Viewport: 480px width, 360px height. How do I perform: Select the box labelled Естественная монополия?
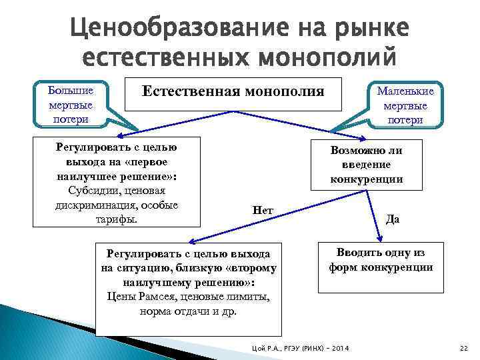[233, 93]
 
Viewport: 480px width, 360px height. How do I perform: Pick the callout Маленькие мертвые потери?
[405, 106]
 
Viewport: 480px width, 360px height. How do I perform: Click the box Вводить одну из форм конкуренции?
[381, 260]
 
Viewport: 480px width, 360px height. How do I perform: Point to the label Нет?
[263, 211]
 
